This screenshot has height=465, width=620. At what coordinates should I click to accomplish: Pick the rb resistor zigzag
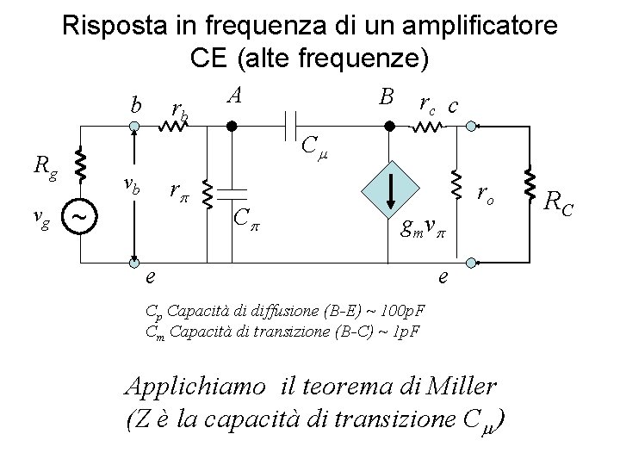(x=177, y=127)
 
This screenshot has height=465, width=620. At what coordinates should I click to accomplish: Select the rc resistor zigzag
(x=427, y=127)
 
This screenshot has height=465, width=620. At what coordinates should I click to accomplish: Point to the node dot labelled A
(x=230, y=126)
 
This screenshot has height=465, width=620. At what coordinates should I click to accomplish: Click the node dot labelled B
(x=388, y=126)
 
